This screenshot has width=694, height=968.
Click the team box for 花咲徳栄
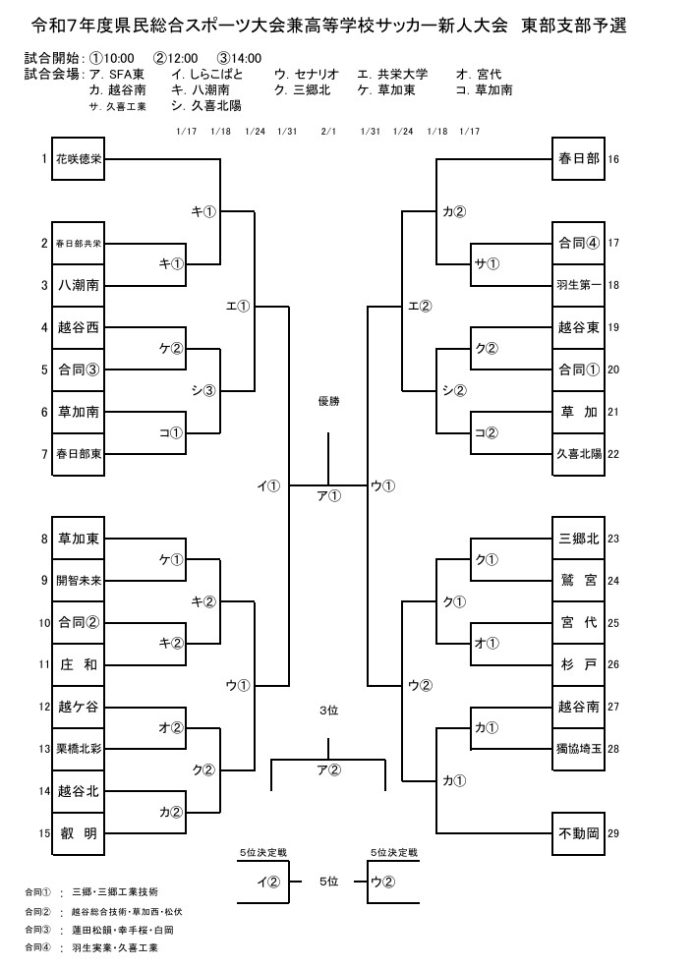tap(79, 158)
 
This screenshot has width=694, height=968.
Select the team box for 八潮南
tap(79, 285)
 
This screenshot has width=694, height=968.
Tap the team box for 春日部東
tap(79, 453)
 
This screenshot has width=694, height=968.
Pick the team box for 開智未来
tap(79, 580)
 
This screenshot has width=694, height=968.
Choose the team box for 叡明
tap(79, 832)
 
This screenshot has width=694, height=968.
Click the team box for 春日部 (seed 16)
tap(578, 158)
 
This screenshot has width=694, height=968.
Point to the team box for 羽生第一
tap(578, 285)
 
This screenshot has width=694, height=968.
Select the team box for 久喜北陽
tap(578, 453)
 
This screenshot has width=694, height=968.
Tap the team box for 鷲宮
tap(578, 580)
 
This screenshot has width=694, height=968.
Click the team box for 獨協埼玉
tap(578, 749)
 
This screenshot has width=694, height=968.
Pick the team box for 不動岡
tap(578, 832)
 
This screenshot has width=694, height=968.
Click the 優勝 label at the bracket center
tap(328, 402)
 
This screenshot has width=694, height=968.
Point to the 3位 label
tap(328, 710)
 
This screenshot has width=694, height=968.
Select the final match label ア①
tap(328, 496)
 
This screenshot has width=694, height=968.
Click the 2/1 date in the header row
tap(328, 131)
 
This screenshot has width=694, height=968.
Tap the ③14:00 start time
tap(240, 58)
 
